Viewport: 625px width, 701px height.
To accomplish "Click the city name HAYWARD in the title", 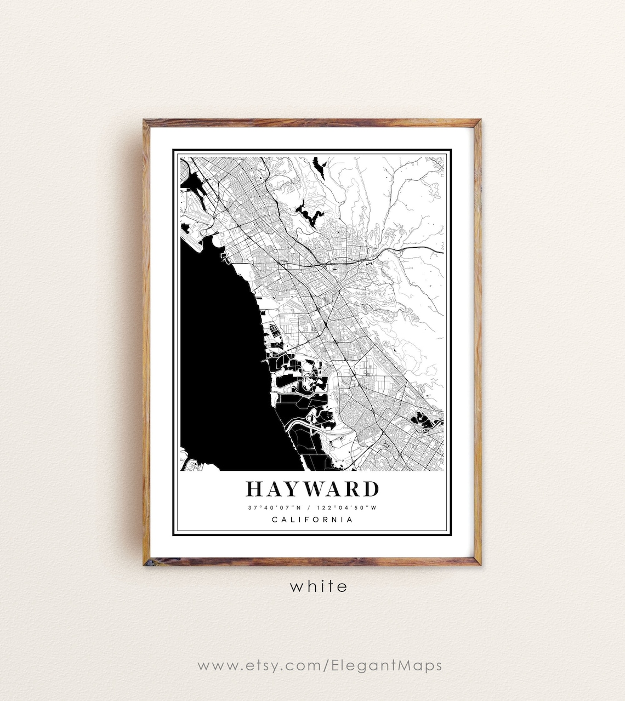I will click(312, 489).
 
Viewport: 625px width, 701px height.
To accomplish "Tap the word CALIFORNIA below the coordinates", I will click(312, 520).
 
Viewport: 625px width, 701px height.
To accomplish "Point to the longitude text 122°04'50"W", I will click(349, 508).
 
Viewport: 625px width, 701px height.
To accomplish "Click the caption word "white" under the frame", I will click(319, 586).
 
